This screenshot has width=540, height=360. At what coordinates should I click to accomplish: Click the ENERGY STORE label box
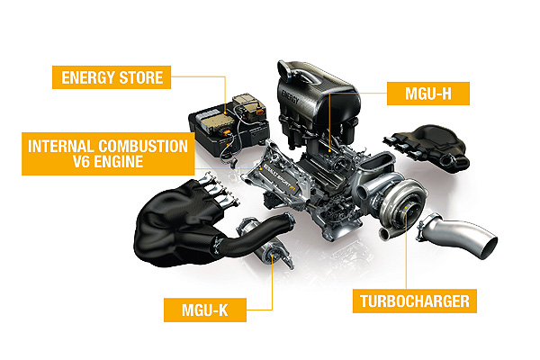pos(112,77)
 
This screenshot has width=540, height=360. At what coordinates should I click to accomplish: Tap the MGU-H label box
pos(428,94)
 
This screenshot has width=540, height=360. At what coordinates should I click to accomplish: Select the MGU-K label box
pos(205,310)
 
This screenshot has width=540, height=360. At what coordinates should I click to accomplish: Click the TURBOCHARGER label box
pos(415,301)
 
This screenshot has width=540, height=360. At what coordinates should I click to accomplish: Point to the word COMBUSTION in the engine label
pos(143,147)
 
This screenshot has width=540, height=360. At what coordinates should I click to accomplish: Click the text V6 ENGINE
pos(108,162)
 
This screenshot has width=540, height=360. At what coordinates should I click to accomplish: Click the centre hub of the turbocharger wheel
pos(407,208)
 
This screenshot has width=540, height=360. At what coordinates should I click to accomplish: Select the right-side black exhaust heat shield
pos(428,146)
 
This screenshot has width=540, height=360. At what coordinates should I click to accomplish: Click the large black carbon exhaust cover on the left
pos(172,228)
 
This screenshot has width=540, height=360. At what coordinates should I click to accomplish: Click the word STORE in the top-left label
pos(141,77)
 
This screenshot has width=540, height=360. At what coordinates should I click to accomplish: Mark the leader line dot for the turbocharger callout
pos(407,207)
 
